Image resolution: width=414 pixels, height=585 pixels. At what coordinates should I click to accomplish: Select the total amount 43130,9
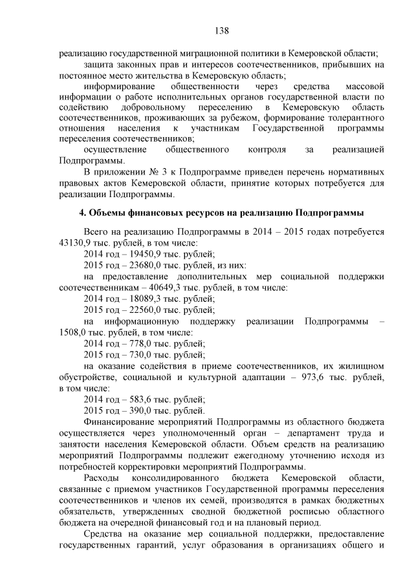76,243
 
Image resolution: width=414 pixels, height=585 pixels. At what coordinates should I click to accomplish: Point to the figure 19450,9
145,254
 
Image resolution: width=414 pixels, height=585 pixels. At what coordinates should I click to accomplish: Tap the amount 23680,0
145,265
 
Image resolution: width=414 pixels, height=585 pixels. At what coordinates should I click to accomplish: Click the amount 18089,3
145,299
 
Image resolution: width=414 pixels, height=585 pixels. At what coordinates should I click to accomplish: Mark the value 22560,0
145,310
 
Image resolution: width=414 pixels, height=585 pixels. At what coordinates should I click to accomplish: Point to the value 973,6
310,377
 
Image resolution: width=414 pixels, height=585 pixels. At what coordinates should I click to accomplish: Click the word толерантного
352,119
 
